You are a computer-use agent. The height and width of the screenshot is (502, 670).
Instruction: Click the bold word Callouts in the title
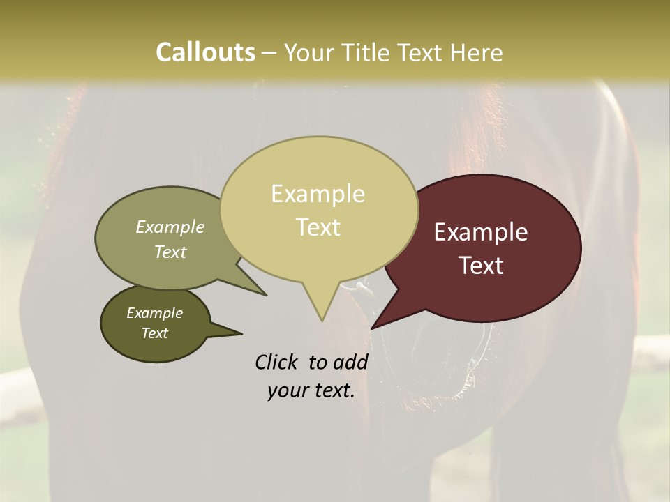(205, 52)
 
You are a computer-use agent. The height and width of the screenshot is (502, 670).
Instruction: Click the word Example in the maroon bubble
(481, 232)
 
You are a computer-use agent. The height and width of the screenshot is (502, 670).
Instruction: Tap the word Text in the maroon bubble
(481, 265)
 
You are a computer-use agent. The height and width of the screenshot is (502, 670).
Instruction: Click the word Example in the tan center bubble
(318, 194)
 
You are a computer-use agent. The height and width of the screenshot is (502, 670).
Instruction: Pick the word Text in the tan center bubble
(318, 227)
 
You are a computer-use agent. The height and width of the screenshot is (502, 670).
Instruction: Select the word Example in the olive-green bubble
(170, 227)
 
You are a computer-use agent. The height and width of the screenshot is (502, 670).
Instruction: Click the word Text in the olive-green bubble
(170, 252)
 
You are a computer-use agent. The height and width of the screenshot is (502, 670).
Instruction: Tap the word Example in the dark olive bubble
(154, 313)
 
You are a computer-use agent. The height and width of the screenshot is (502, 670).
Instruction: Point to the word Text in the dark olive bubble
(154, 333)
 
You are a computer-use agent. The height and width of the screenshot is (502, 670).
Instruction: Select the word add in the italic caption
(351, 362)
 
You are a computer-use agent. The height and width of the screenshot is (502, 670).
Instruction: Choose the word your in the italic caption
(286, 390)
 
